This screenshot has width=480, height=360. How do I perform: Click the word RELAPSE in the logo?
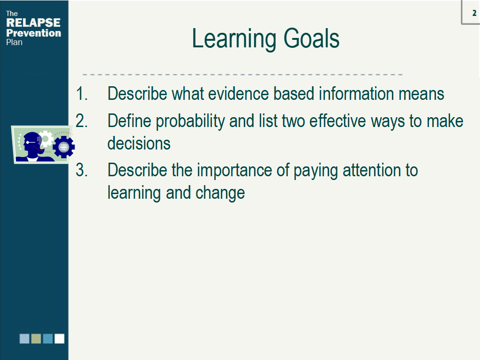click(x=33, y=22)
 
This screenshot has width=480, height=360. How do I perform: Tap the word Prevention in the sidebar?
click(x=34, y=33)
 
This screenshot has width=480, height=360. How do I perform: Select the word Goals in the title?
click(x=311, y=38)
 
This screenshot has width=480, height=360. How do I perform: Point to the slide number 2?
click(x=474, y=13)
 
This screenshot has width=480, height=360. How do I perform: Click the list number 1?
click(x=82, y=94)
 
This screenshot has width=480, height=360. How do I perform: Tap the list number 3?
click(x=82, y=170)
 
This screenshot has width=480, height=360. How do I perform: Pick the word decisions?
click(x=139, y=143)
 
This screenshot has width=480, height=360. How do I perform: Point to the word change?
click(x=220, y=193)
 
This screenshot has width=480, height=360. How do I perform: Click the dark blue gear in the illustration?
click(x=64, y=147)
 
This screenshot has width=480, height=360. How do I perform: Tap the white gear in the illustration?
click(x=46, y=139)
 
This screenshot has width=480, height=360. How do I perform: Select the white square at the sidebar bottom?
click(x=60, y=338)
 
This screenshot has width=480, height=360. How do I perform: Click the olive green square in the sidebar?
click(x=36, y=338)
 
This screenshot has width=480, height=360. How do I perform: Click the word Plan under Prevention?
click(x=14, y=42)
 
